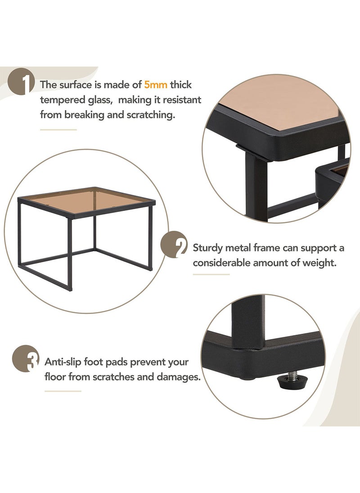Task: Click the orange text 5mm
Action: coord(156,84)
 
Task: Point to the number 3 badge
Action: coord(26,358)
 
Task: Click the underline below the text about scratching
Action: coord(58,130)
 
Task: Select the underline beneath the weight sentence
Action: coord(211,274)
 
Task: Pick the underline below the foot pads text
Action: coord(63,391)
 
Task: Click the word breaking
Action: coord(83,115)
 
